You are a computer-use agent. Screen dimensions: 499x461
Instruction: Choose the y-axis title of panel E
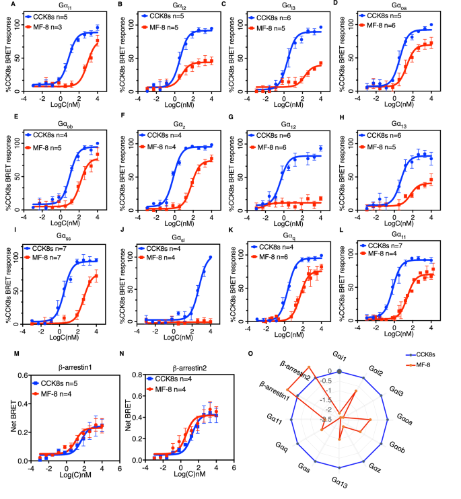click(x=7, y=166)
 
